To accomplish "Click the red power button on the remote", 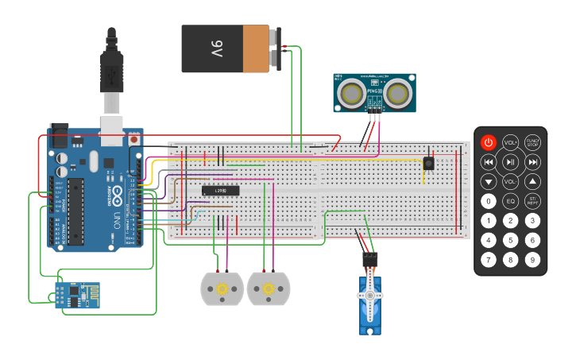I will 489,143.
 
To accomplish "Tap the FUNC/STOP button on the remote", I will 533,143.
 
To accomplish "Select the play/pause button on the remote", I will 511,162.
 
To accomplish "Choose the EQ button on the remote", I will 511,201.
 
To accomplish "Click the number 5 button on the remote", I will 511,240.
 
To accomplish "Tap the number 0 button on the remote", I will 489,201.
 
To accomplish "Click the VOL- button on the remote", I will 511,181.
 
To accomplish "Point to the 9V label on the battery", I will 216,49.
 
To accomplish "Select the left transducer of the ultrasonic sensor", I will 351,95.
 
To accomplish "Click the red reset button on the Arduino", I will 133,140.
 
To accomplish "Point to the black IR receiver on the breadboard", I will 429,163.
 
